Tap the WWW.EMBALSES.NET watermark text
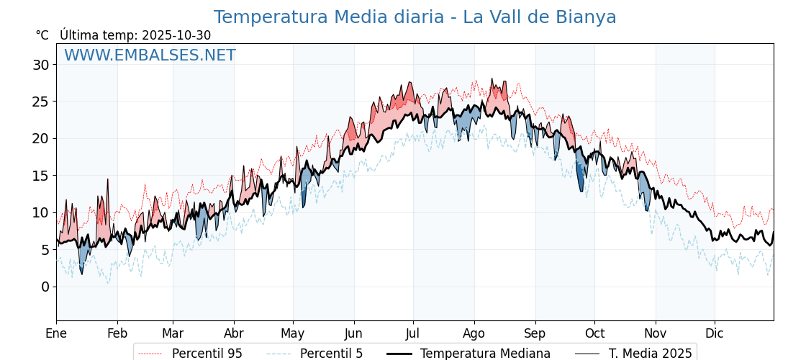click(150, 55)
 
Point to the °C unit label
click(42, 35)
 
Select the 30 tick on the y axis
click(40, 65)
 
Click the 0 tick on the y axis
click(45, 287)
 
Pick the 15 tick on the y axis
click(40, 176)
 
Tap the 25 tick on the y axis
click(40, 102)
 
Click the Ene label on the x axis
click(56, 333)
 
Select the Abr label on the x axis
click(234, 333)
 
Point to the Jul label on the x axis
click(413, 333)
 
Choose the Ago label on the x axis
click(474, 333)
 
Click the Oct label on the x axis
click(594, 333)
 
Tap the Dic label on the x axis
click(715, 333)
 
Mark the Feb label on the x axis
click(117, 333)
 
